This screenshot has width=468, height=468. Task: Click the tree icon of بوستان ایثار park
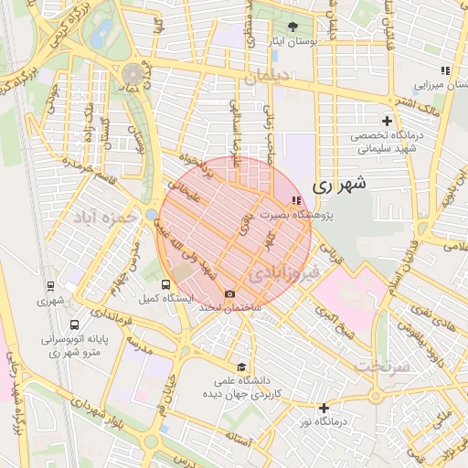[292, 27]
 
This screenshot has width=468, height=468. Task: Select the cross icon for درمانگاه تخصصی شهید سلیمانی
[387, 121]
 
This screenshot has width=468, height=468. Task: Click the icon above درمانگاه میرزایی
[445, 70]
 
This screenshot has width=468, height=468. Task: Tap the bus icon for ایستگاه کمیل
[165, 284]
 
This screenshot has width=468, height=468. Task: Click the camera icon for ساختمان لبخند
[229, 293]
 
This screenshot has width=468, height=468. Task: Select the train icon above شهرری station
[51, 284]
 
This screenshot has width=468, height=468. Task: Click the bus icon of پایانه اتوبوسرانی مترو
[74, 324]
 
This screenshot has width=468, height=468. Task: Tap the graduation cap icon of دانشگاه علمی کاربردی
[241, 366]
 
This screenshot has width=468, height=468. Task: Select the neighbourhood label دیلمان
[264, 77]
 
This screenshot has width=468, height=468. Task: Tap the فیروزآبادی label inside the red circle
[284, 272]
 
